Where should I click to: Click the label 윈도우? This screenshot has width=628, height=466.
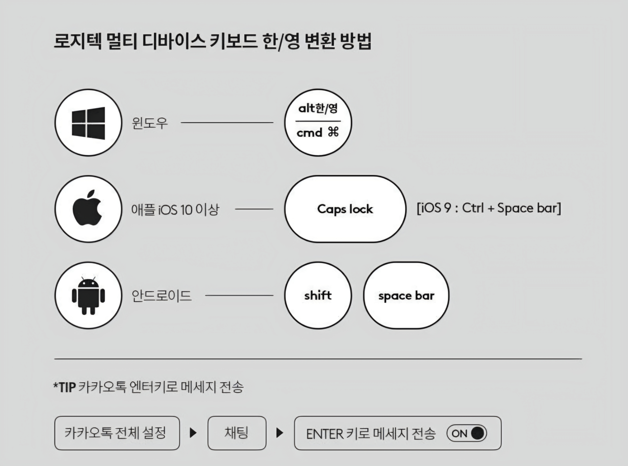click(x=150, y=123)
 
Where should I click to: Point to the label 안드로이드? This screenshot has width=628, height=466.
click(x=161, y=296)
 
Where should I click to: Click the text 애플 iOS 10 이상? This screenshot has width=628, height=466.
click(x=175, y=209)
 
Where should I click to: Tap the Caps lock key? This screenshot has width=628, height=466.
click(x=345, y=209)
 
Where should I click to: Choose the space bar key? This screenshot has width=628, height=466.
click(x=406, y=296)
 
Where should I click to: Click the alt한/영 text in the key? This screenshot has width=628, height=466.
click(x=318, y=108)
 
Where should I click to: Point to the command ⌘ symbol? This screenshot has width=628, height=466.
click(x=333, y=132)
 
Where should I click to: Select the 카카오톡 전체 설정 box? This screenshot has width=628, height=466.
click(x=117, y=433)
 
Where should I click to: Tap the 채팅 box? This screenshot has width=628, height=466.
click(x=237, y=433)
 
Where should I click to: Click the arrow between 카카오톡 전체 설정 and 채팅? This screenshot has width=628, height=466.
click(x=193, y=433)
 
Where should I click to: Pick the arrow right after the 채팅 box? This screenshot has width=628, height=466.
click(x=280, y=433)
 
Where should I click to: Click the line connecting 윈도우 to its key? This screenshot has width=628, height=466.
click(x=227, y=123)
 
